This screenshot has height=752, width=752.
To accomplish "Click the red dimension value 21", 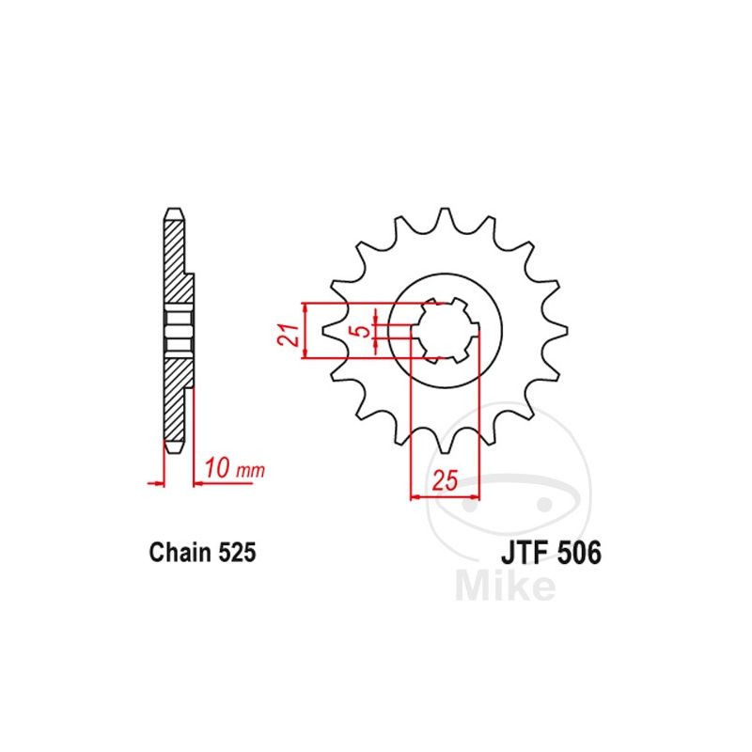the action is click(288, 335).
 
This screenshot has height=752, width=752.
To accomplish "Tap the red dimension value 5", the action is click(364, 331).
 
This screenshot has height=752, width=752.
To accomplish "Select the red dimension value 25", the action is click(445, 480).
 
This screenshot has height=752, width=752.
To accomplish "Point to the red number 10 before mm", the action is click(217, 468).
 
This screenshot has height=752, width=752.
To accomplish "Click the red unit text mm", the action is click(250, 471).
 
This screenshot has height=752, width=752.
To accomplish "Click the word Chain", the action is click(180, 553).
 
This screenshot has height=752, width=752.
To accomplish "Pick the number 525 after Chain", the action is click(237, 553).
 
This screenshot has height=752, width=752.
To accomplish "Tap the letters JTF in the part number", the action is click(525, 553).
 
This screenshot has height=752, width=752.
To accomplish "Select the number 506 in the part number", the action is click(579, 553).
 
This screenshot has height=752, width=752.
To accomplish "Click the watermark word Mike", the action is click(505, 584).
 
